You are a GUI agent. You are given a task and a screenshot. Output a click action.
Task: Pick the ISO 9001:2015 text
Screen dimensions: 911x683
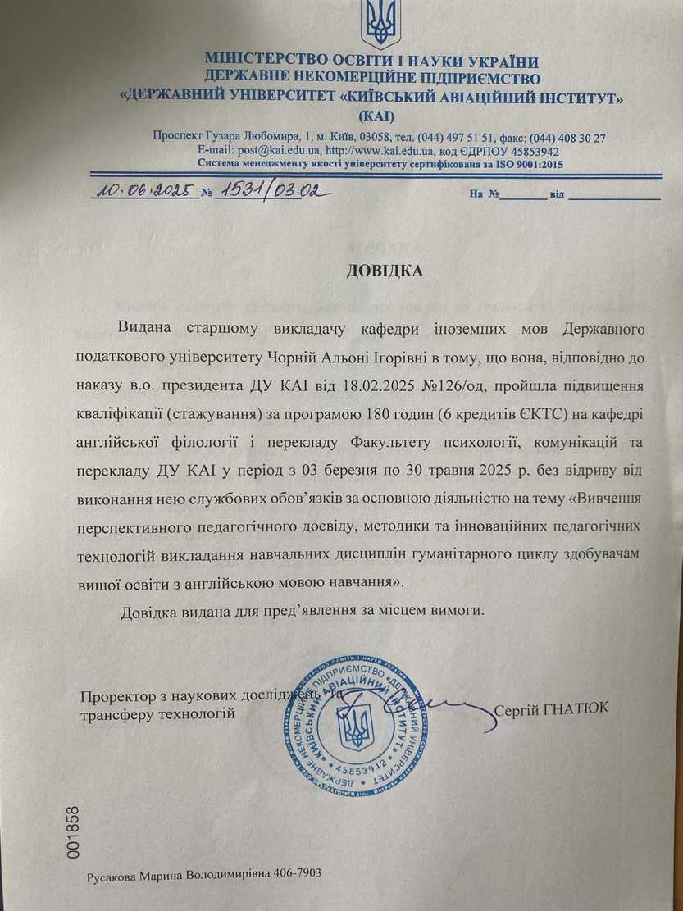click(526, 164)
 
